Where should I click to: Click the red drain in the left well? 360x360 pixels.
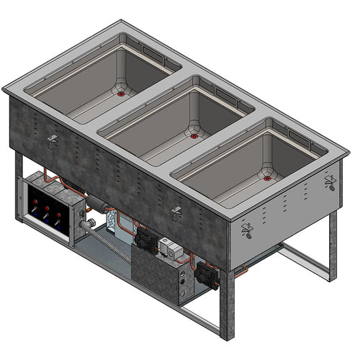[x=120, y=93]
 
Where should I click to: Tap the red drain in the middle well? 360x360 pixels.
[x=194, y=135]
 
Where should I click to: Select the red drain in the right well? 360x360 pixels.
[x=268, y=177]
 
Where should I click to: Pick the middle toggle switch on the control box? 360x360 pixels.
[x=46, y=217]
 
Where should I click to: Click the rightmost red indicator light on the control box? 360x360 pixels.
[x=58, y=215]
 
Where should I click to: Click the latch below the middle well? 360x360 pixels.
[x=176, y=212]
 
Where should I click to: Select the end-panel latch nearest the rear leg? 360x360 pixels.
[x=330, y=181]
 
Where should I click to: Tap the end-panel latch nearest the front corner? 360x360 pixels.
[x=247, y=230]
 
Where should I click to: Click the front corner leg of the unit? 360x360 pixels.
[x=227, y=302]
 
